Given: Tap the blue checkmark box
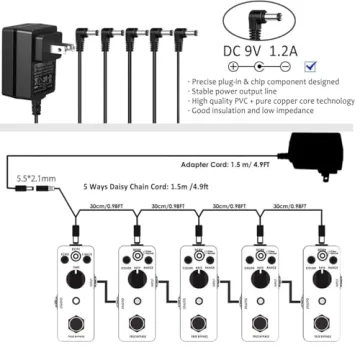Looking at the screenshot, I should (x=314, y=65).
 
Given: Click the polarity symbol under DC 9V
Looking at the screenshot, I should (x=261, y=68).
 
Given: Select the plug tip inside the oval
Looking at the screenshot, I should (x=275, y=16).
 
